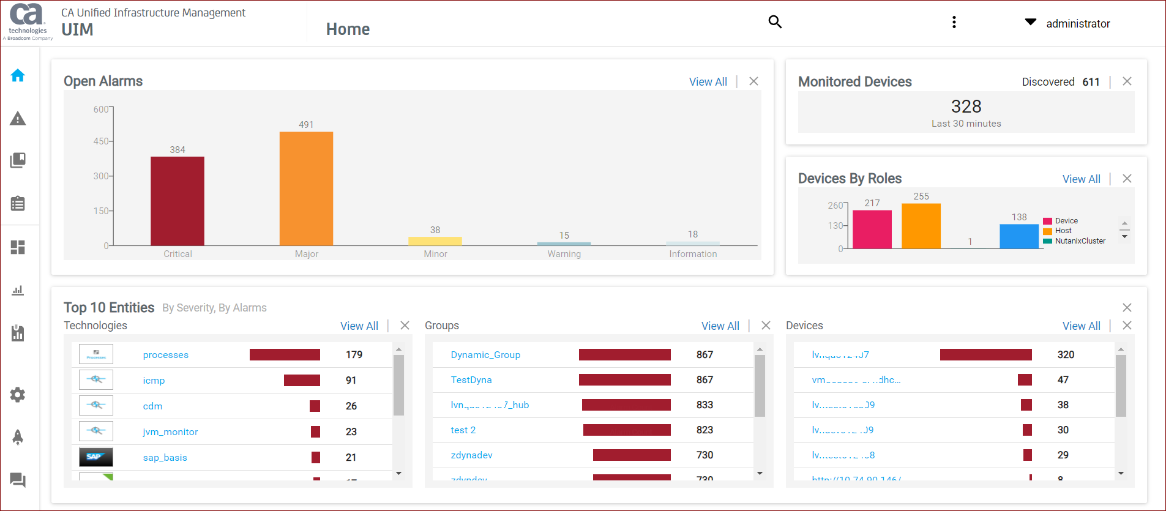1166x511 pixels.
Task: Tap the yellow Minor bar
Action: coord(435,241)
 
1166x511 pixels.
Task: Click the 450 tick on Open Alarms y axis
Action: coord(100,141)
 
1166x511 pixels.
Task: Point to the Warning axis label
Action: coord(564,254)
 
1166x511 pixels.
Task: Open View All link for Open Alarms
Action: coord(708,82)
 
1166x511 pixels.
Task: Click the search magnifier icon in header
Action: coord(775,22)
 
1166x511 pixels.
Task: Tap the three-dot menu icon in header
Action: coord(954,23)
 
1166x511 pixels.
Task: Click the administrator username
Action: coord(1077,24)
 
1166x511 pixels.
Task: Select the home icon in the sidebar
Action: coord(18,75)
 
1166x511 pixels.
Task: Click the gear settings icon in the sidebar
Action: coord(18,395)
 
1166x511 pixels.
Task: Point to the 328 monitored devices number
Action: coord(966,106)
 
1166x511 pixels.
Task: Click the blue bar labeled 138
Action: coord(1018,236)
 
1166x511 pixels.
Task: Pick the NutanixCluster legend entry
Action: coord(1080,241)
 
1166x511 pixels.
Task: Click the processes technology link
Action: coord(165,355)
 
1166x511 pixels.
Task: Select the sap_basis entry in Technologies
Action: coord(165,458)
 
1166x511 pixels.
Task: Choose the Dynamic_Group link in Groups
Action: coord(485,355)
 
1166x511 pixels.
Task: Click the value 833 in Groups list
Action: coord(704,405)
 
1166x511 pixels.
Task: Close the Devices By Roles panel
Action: coord(1127,179)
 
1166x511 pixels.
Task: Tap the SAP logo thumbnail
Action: coord(95,457)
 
